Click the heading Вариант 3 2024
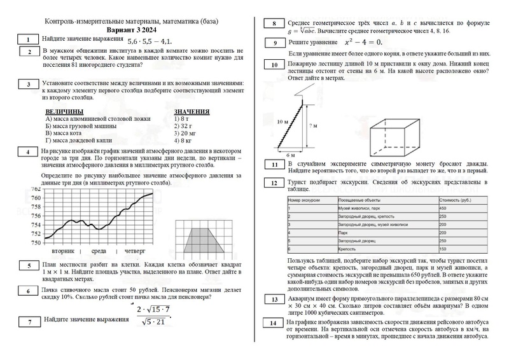point(132,30)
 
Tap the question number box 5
point(29,265)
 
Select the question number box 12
point(274,183)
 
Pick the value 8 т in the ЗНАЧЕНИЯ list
point(185,119)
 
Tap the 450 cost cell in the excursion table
point(443,209)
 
